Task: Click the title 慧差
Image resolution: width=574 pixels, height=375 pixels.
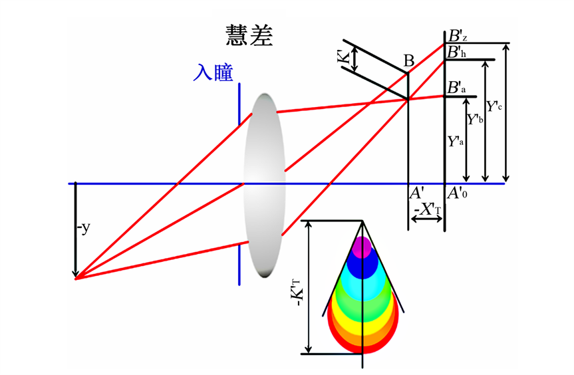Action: point(249,36)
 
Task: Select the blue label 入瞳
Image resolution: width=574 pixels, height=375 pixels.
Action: point(213,72)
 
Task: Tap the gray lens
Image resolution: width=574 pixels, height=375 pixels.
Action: point(265,185)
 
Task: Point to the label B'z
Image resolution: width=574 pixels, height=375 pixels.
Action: point(459,37)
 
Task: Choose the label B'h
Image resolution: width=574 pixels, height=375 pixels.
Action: point(459,52)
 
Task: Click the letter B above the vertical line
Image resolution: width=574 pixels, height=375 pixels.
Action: point(409,62)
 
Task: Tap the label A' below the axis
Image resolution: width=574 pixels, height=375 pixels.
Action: point(416,193)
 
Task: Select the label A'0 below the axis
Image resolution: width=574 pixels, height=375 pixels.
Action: point(458,193)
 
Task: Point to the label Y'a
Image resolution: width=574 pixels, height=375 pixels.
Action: point(456,142)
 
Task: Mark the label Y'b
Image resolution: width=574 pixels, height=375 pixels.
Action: point(475,120)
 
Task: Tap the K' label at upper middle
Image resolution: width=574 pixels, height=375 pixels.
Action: point(343,59)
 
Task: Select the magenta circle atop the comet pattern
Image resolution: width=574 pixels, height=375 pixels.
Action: point(362,247)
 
